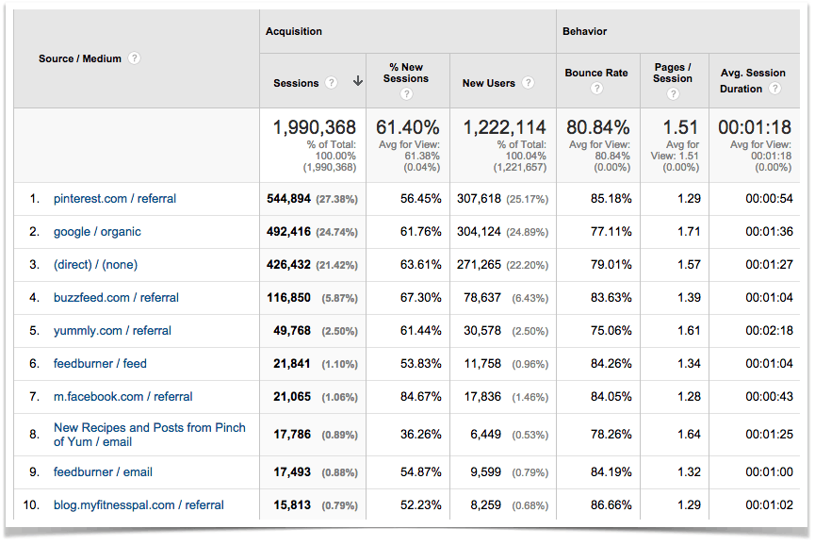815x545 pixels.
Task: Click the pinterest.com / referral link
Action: point(115,199)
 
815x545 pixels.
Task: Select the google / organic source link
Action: point(98,232)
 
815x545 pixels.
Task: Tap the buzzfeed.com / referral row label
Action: point(116,298)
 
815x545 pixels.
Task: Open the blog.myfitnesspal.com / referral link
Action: point(139,505)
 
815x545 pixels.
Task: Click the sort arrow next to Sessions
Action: point(358,82)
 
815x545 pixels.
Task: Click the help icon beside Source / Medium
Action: point(135,58)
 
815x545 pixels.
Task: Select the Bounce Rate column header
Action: point(596,74)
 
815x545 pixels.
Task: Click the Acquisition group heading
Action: point(294,31)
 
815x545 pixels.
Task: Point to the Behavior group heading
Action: point(585,31)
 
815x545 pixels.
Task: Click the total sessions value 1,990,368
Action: point(315,127)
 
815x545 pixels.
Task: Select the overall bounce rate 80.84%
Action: point(596,127)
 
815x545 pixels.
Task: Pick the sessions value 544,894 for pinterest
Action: point(288,199)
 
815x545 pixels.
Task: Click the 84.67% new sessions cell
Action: point(421,397)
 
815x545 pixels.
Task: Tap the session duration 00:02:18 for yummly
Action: point(768,331)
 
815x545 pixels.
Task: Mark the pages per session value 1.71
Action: point(690,232)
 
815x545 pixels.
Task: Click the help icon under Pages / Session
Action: point(673,93)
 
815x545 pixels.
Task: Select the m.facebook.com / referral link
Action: point(122,397)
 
